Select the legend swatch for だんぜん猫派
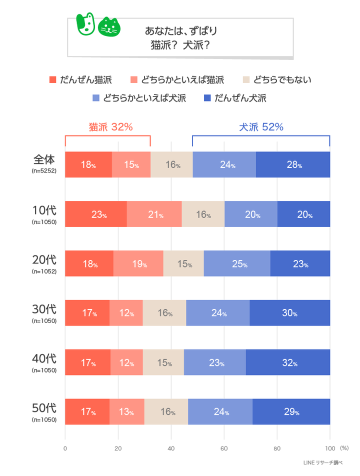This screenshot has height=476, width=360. [x=53, y=80]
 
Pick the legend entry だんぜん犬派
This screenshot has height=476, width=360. [x=240, y=98]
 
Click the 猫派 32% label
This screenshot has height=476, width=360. [x=110, y=127]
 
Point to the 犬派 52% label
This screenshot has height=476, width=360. [x=261, y=127]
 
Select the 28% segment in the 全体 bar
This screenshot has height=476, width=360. [x=293, y=164]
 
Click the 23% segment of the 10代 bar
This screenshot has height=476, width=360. [x=96, y=214]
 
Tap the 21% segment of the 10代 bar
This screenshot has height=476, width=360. [x=154, y=214]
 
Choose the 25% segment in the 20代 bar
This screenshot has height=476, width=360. [x=237, y=263]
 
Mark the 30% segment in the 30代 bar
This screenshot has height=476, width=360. [x=289, y=313]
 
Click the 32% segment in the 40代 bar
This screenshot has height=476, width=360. [x=287, y=362]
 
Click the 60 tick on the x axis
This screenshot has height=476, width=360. [x=224, y=448]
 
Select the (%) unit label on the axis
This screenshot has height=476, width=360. [x=344, y=448]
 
